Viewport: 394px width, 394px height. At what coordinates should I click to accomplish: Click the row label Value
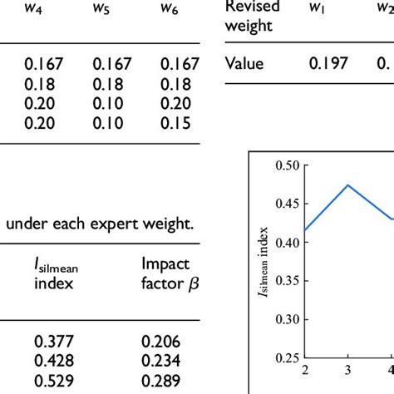(245, 64)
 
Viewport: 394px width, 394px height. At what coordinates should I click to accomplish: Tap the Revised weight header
(254, 16)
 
